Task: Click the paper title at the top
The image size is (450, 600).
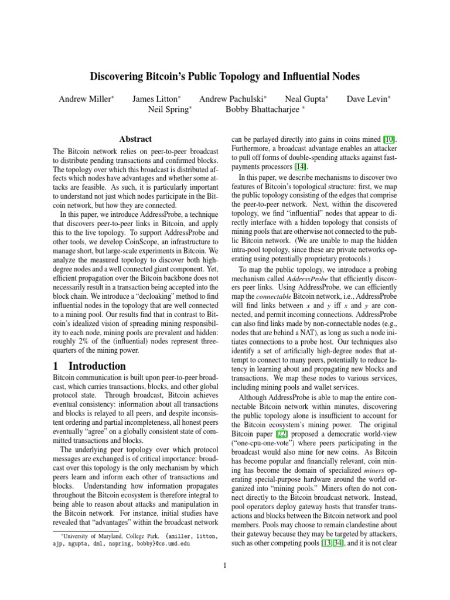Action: (x=224, y=76)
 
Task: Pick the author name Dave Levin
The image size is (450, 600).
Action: (x=367, y=99)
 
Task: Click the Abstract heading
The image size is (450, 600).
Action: (x=135, y=139)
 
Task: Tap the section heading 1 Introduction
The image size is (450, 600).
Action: (x=89, y=366)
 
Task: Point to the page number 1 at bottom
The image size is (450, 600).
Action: (x=224, y=565)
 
